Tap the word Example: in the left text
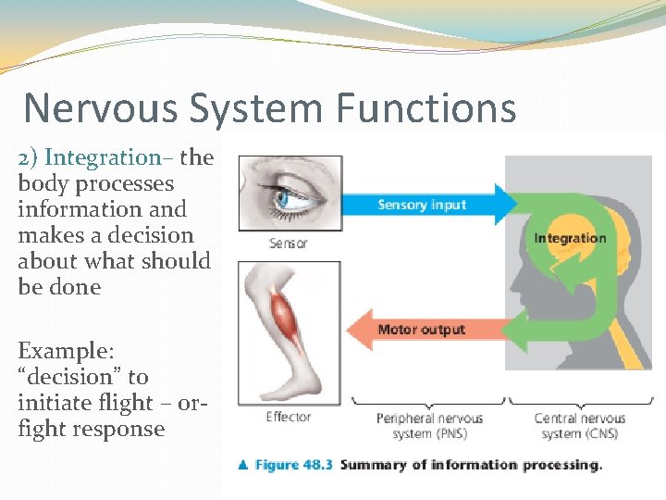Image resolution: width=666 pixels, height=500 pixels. tap(65, 351)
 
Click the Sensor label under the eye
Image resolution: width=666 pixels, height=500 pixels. tap(288, 244)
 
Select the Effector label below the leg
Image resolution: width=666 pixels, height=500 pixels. tap(289, 417)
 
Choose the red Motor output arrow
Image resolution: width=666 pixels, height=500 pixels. tap(425, 330)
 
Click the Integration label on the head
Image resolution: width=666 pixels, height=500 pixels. tap(570, 238)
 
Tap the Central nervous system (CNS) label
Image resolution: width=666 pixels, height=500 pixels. tap(580, 426)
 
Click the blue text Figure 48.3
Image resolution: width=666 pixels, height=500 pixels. tap(294, 465)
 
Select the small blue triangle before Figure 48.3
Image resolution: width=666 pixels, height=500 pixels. tap(243, 465)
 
